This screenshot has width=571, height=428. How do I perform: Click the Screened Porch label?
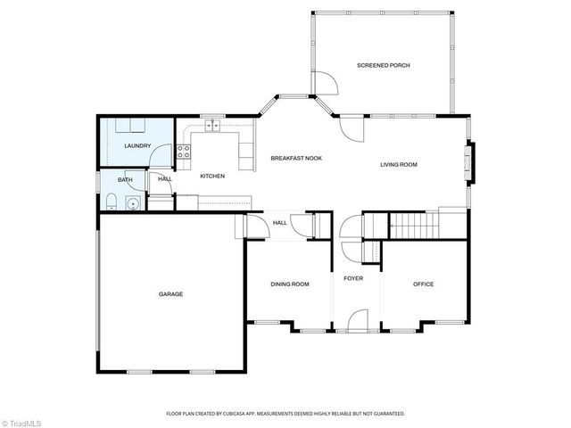[383, 65]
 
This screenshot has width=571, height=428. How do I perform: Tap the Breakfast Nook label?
[296, 158]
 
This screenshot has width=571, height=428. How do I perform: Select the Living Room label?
[399, 164]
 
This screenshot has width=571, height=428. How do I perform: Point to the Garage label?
[170, 293]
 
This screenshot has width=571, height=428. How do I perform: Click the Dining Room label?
[290, 284]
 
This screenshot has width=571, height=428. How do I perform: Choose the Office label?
[423, 284]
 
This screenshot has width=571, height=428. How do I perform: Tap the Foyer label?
[354, 278]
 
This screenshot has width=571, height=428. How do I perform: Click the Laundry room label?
[137, 145]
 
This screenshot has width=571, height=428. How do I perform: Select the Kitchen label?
[211, 176]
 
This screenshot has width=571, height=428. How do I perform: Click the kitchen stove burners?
[184, 152]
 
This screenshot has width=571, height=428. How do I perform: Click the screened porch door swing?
[326, 85]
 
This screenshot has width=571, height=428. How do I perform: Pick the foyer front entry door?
[359, 320]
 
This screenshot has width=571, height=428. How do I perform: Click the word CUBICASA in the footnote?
[246, 414]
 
